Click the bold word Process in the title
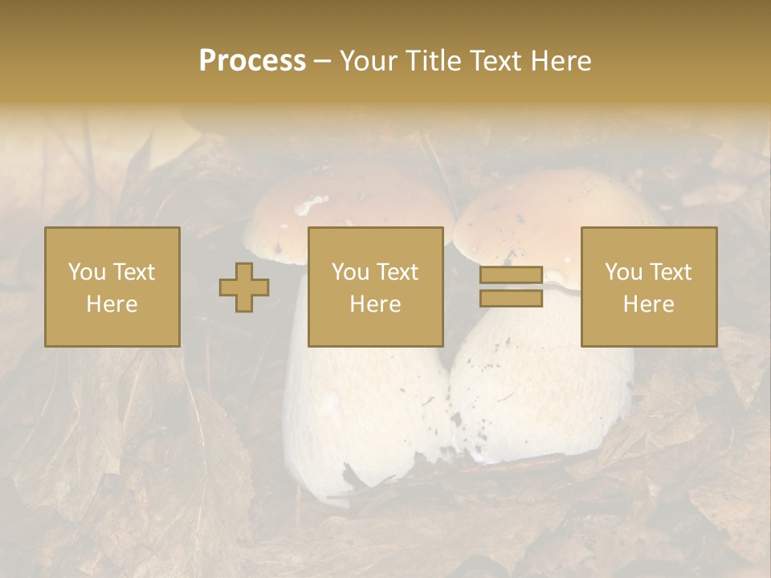coord(252,61)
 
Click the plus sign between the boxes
coord(244,287)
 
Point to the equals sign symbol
coord(511,287)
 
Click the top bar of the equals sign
coord(511,275)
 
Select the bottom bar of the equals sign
coord(511,299)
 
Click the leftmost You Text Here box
coord(112,287)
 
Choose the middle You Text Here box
coord(375,287)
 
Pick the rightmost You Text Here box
coord(648,287)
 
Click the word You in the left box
coord(84,272)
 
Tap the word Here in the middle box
coord(375,304)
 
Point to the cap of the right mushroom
coord(554,205)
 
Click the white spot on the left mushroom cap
coord(311,206)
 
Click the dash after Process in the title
coord(322,61)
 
